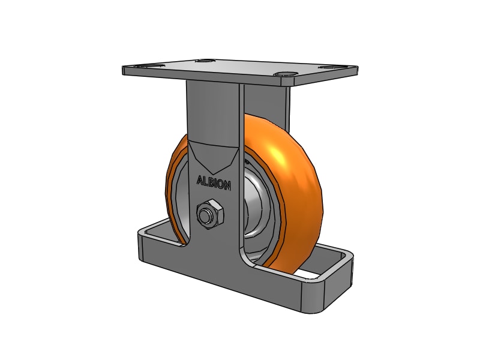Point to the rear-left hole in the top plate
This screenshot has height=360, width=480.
click(206, 61)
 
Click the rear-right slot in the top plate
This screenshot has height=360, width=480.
click(329, 67)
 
